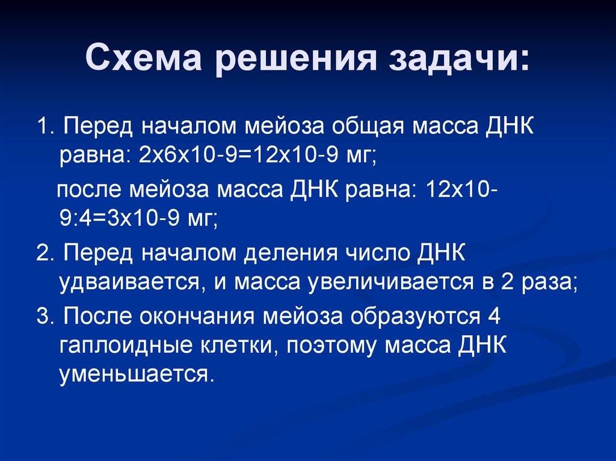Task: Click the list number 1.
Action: (x=43, y=127)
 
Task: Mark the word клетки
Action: (x=248, y=346)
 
